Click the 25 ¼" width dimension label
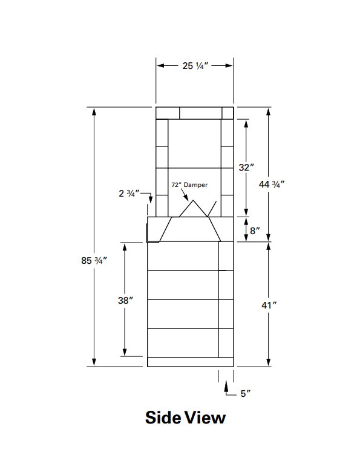[x=195, y=66]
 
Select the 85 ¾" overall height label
[x=94, y=261]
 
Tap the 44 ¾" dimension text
[x=272, y=185]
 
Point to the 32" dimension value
[x=245, y=168]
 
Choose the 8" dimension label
[x=255, y=230]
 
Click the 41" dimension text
[x=269, y=306]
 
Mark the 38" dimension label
[x=125, y=300]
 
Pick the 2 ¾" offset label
[x=129, y=194]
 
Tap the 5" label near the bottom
[x=245, y=394]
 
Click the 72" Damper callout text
[x=189, y=185]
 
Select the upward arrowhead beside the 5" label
[x=227, y=384]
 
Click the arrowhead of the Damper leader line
[x=186, y=200]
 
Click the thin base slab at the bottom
[x=191, y=362]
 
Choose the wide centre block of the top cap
[x=201, y=113]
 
